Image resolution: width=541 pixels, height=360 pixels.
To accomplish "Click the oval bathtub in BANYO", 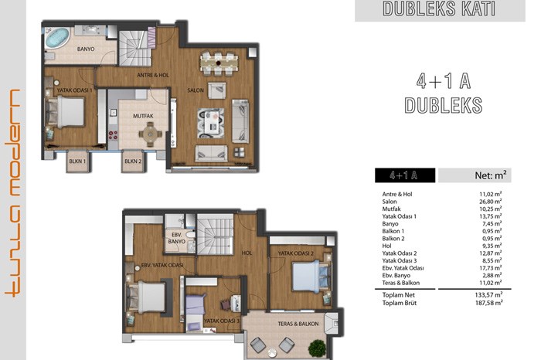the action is (x=57, y=38).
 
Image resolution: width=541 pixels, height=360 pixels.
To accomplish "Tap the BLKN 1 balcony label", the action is (x=77, y=161).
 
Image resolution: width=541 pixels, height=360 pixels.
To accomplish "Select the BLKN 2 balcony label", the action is (x=133, y=161).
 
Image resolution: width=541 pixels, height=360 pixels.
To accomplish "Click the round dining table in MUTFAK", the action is (x=150, y=134).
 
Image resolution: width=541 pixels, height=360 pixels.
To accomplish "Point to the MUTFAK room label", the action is (x=143, y=116).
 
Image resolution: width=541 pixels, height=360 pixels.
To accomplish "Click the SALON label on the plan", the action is (x=196, y=90).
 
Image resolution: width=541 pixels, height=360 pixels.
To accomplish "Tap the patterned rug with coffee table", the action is (x=211, y=123).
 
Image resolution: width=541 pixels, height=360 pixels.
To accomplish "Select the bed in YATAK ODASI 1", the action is (x=66, y=112).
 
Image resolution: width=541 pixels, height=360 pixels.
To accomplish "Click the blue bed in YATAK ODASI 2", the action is (x=310, y=277).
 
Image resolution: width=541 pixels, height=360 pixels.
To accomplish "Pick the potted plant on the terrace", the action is (x=318, y=348).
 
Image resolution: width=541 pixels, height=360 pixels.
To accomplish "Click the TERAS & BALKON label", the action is (x=298, y=324).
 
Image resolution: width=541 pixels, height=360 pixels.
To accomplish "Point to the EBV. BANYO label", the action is (x=177, y=238).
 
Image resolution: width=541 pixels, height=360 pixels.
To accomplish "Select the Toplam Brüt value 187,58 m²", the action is (x=488, y=303).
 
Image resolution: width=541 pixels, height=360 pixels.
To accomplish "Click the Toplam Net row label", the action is (x=399, y=295).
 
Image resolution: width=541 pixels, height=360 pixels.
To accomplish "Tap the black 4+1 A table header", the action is (x=405, y=175).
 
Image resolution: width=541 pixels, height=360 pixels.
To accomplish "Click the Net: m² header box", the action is (x=475, y=175).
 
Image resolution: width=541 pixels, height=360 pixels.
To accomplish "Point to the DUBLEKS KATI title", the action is (x=439, y=9).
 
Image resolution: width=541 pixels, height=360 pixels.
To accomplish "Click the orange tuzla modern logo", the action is (x=13, y=193).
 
